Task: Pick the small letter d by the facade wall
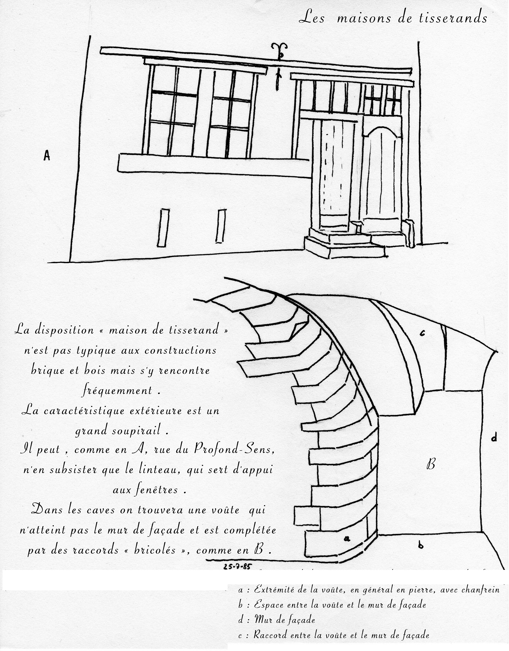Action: click(494, 438)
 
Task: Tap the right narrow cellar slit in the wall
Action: click(221, 226)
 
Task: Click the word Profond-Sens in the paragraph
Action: click(233, 449)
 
